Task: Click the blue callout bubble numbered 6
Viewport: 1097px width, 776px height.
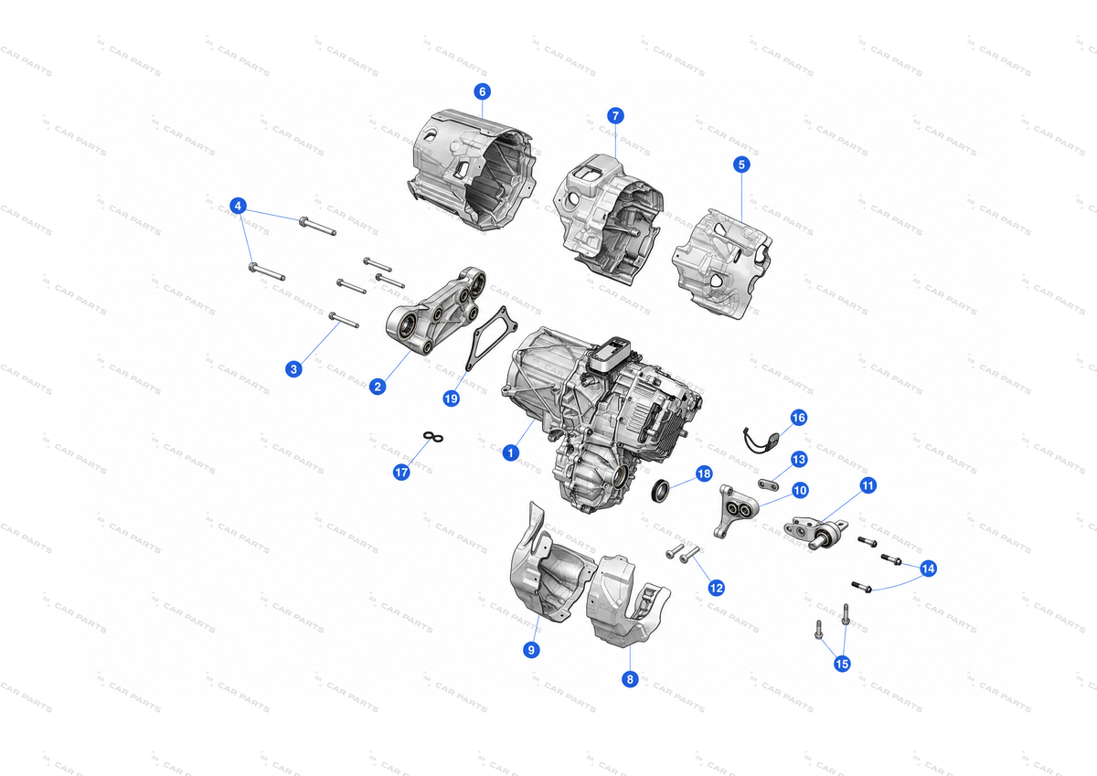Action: click(x=483, y=91)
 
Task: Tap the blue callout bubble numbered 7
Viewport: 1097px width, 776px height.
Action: click(x=615, y=116)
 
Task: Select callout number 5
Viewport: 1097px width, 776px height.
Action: click(x=741, y=165)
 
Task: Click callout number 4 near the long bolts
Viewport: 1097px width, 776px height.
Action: click(x=238, y=206)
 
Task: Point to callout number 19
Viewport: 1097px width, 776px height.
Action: click(x=451, y=399)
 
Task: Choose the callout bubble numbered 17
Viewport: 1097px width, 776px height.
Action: click(x=401, y=472)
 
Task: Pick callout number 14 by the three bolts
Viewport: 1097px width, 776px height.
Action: click(x=929, y=569)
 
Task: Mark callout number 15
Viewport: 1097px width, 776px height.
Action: click(x=842, y=664)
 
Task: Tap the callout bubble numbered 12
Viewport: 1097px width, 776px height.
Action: click(x=716, y=588)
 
